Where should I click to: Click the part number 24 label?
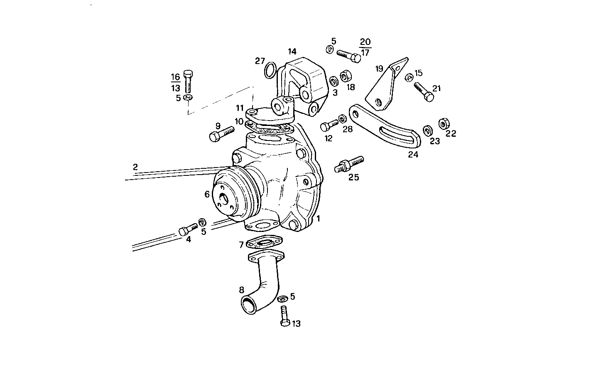(413, 155)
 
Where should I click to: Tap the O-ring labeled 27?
(270, 69)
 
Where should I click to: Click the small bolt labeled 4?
(188, 229)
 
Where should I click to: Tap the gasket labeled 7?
(264, 242)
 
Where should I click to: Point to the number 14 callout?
(292, 52)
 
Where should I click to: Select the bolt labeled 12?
(329, 125)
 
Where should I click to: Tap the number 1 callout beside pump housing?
(319, 218)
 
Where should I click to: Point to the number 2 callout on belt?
(135, 167)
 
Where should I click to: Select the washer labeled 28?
(342, 119)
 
